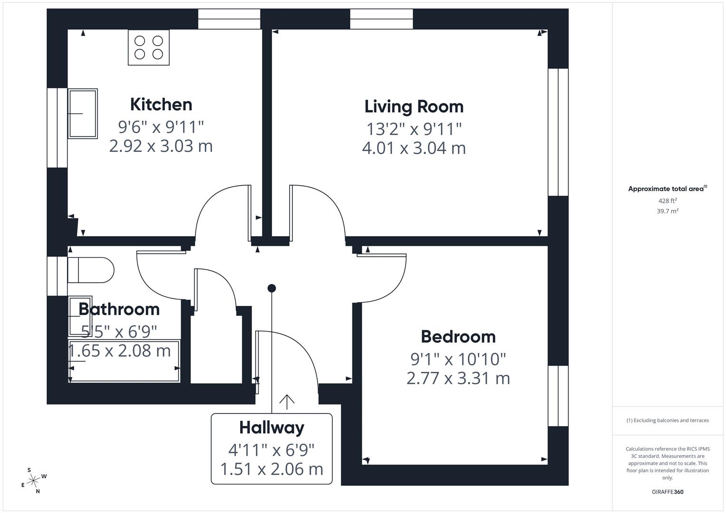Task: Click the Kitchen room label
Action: point(161,104)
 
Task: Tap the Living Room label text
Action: point(414,106)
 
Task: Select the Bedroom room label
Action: point(458,337)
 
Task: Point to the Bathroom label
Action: point(119,309)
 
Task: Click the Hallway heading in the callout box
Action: point(271,427)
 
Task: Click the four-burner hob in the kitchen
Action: point(148,47)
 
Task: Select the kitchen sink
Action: point(83,114)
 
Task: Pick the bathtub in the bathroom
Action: point(125,361)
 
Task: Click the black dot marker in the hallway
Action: point(271,288)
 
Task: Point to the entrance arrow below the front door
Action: point(286,402)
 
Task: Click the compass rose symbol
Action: point(33,481)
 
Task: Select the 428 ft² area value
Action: point(667,201)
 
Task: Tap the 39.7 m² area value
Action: point(667,211)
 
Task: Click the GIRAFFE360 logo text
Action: point(667,492)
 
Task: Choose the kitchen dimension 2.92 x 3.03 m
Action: point(161,146)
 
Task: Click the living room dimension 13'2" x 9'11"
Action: point(414,129)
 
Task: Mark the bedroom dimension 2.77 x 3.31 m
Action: point(458,379)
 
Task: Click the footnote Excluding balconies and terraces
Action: point(667,420)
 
